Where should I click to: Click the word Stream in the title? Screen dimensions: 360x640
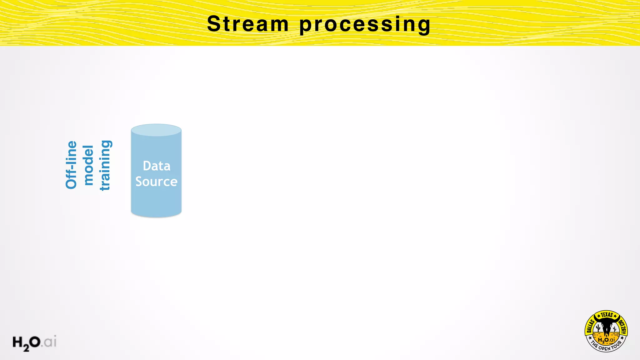(247, 24)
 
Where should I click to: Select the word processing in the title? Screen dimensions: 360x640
(365, 24)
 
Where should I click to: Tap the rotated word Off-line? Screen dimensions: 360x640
(71, 165)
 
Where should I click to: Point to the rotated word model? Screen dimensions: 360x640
(88, 165)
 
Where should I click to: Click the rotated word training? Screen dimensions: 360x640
(105, 165)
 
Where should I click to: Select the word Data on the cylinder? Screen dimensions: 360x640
(157, 166)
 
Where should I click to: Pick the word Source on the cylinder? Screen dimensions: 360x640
(156, 182)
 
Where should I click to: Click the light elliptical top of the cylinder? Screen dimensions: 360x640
(156, 130)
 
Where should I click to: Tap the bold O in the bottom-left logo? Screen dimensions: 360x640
(35, 342)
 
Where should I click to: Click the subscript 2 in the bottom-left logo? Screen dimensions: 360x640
(26, 347)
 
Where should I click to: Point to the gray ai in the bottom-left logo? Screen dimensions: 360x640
(50, 342)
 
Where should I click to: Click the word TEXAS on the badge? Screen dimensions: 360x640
(607, 315)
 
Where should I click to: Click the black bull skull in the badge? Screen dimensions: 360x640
(607, 327)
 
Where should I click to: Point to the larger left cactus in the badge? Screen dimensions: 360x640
(598, 328)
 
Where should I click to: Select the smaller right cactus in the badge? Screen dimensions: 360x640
(615, 329)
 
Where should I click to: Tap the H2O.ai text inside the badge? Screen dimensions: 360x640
(606, 340)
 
